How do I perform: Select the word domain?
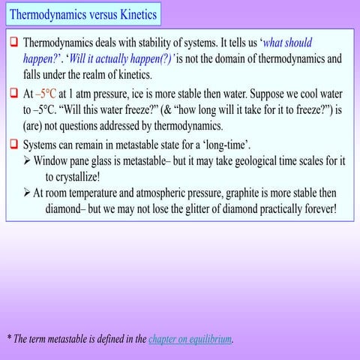pyautogui.click(x=227, y=58)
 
